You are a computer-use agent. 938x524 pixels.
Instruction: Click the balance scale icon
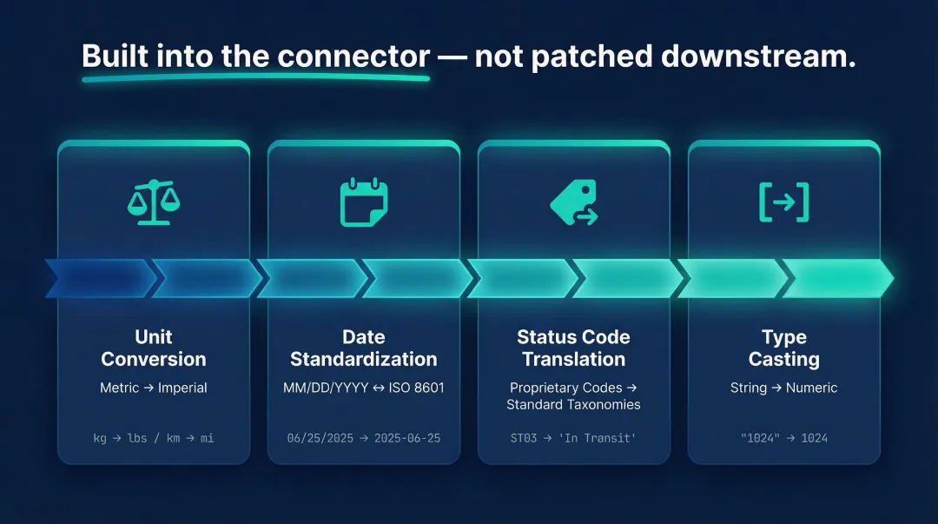tap(154, 202)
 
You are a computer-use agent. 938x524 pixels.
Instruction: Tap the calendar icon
tap(364, 202)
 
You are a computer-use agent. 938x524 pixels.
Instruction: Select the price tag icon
tap(574, 202)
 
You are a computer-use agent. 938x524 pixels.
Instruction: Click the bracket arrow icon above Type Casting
tap(783, 202)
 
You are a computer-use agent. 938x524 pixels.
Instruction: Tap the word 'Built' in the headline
tap(116, 56)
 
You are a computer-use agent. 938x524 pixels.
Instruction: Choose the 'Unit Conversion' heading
tap(154, 348)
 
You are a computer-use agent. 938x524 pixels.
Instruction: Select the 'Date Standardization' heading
tap(363, 348)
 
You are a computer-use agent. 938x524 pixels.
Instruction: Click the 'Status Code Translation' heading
tap(573, 348)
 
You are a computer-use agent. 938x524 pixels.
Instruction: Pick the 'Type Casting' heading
tap(783, 348)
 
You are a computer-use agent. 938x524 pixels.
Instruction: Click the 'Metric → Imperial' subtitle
tap(154, 388)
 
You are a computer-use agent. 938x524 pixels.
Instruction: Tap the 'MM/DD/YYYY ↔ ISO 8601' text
tap(363, 388)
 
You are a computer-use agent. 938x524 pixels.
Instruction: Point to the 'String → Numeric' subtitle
tap(783, 388)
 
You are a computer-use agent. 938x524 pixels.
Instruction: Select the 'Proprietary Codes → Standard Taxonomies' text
tap(573, 395)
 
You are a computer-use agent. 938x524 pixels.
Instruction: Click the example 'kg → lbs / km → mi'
tap(154, 438)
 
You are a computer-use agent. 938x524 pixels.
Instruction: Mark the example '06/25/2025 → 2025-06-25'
tap(363, 438)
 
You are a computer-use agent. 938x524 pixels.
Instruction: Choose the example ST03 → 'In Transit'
tap(573, 438)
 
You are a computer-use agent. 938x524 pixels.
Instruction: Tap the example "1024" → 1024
tap(783, 438)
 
